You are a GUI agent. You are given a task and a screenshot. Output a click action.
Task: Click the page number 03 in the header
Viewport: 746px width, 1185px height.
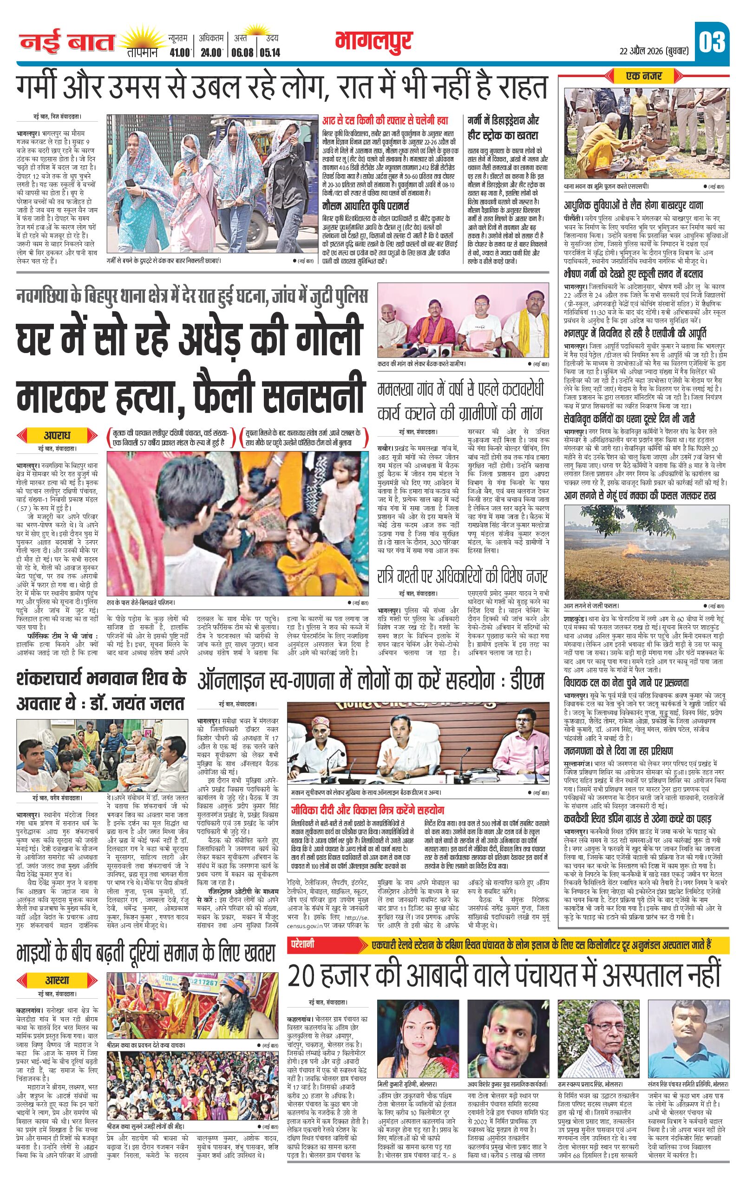point(712,42)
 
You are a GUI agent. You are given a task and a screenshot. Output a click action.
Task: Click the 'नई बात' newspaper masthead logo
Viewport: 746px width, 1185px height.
point(67,43)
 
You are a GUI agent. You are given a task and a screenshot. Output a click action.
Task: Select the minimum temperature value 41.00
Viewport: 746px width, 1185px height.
point(180,52)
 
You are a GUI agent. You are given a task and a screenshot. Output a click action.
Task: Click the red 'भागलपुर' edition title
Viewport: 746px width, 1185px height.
point(374,42)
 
